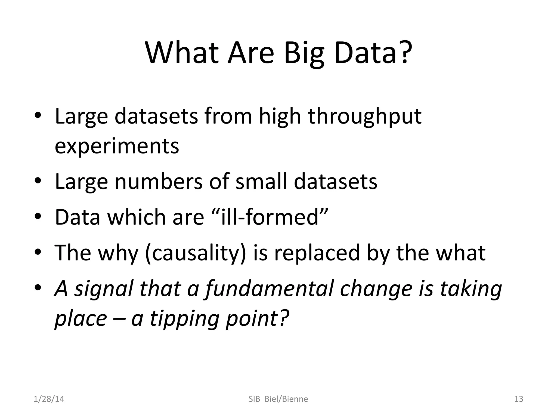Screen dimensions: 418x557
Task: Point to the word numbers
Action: pos(159,182)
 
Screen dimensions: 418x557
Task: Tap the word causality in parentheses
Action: pos(196,253)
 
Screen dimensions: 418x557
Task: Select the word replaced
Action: pos(317,253)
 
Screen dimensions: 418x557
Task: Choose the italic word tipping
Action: pos(185,319)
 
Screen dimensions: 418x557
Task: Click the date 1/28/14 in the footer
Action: pos(49,399)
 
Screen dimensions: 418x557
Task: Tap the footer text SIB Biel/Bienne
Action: pos(278,399)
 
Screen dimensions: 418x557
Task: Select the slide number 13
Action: pos(519,399)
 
